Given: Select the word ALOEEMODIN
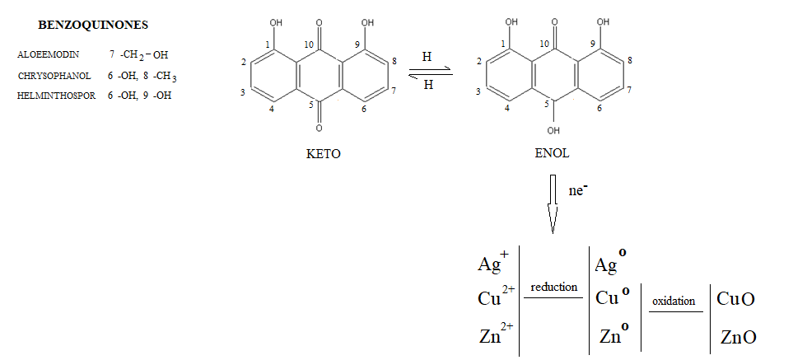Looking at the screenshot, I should [x=49, y=54].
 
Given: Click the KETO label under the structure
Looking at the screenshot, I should [x=318, y=153].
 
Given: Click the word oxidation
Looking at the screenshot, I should [x=674, y=301].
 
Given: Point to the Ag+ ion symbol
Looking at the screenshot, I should [x=493, y=263].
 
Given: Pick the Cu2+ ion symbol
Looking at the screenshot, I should [x=496, y=297].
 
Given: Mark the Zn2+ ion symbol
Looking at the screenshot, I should [x=497, y=334].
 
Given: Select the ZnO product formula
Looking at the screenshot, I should [x=738, y=337].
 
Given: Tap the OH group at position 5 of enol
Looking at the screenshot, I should [x=553, y=129].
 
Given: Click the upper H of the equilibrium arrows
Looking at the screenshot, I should [x=427, y=57].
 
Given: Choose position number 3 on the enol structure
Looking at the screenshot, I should [x=478, y=91].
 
